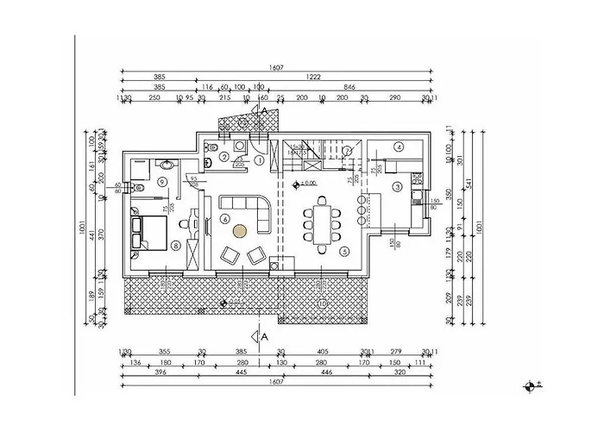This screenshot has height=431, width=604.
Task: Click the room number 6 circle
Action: tap(225, 220)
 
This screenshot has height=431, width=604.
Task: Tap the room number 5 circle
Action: tap(345, 252)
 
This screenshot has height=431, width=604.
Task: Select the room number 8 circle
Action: tap(177, 246)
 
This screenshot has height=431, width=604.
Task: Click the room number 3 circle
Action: tap(397, 186)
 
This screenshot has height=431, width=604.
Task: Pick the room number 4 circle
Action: tap(400, 147)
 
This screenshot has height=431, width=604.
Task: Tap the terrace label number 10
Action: tap(321, 303)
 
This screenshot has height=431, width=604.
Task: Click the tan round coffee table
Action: tap(240, 230)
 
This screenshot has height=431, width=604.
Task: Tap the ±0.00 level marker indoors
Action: tap(306, 184)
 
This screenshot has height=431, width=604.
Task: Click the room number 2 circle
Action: tap(223, 157)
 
